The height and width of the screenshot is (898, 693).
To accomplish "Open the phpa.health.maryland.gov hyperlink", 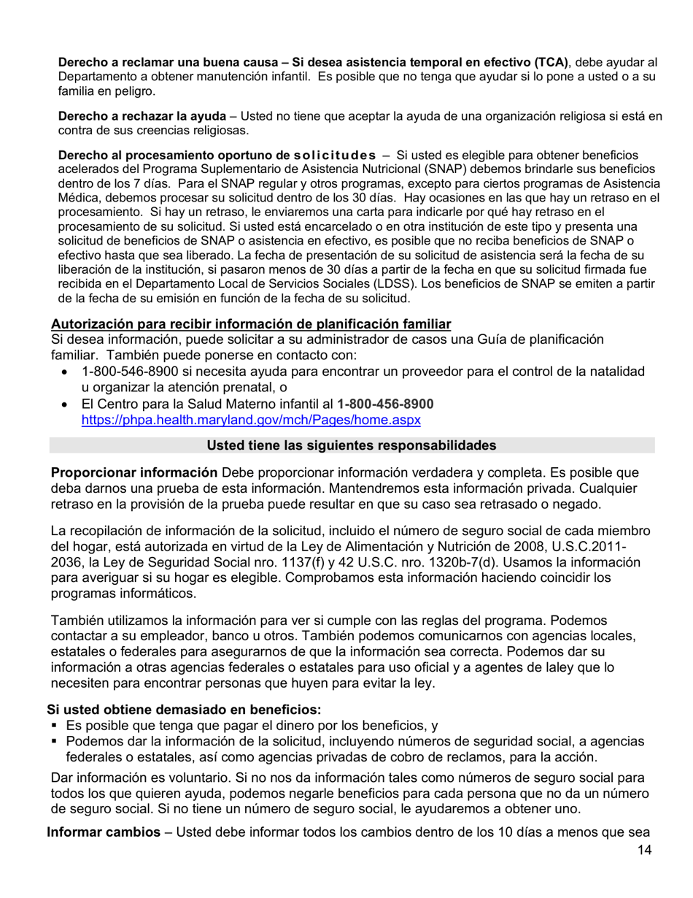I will click(x=251, y=420).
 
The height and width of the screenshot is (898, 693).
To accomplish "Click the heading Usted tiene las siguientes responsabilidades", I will click(x=352, y=445).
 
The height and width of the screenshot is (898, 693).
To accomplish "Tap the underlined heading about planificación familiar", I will click(x=251, y=323).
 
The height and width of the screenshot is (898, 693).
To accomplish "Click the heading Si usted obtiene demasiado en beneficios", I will click(x=185, y=709).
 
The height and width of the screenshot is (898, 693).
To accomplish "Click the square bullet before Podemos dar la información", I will click(x=55, y=742).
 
